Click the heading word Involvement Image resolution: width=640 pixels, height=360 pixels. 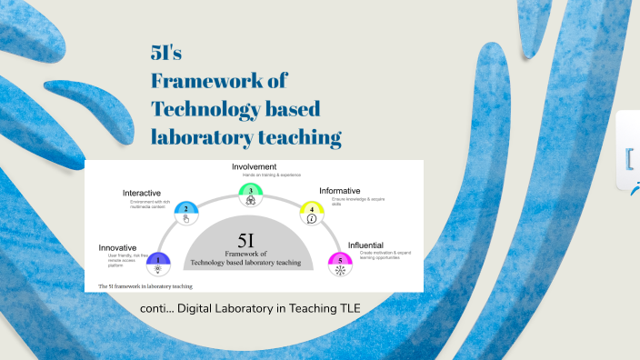point(254,167)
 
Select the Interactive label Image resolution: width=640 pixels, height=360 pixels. point(142,194)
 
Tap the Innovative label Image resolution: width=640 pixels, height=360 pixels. point(117,247)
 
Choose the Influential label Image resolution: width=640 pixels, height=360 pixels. point(365,245)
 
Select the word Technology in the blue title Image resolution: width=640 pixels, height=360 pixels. point(202,109)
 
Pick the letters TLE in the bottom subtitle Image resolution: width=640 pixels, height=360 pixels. point(348,309)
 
